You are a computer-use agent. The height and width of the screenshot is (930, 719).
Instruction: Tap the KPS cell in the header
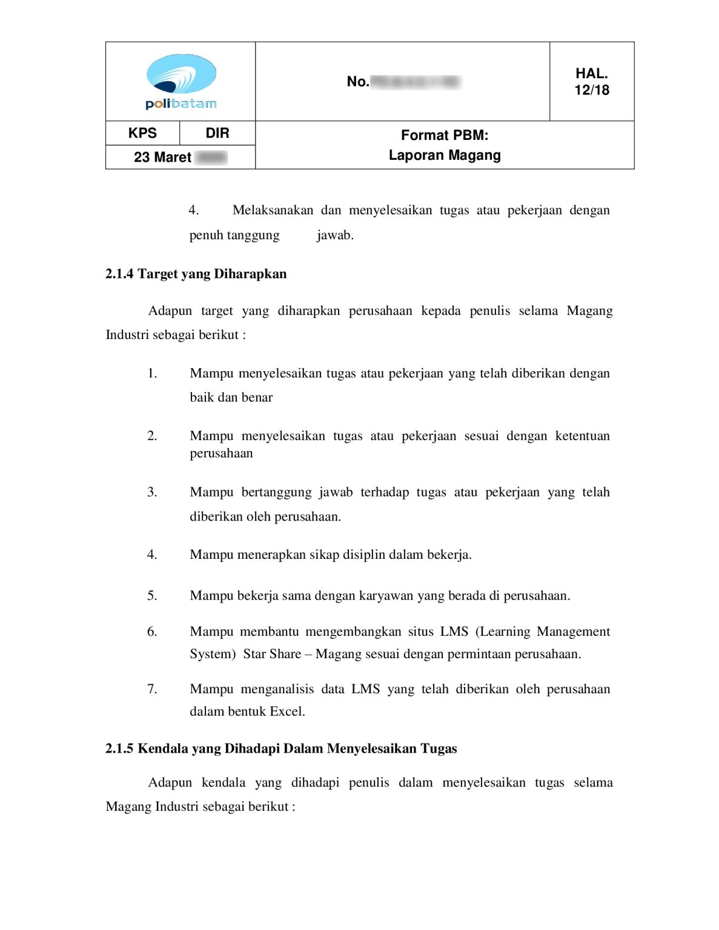[x=142, y=133]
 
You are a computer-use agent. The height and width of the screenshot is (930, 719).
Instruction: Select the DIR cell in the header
[x=217, y=133]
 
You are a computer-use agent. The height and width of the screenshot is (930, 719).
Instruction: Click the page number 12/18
[x=592, y=90]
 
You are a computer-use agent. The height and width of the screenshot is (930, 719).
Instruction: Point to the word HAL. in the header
[x=592, y=73]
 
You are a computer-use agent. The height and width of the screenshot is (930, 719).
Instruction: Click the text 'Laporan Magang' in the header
[x=445, y=156]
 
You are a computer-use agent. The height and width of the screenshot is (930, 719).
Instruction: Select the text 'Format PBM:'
[x=445, y=135]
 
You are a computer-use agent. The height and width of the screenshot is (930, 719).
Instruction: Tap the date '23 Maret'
[x=162, y=157]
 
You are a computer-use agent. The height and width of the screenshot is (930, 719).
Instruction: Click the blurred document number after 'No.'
[x=416, y=82]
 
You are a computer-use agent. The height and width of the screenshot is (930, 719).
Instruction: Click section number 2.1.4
[x=119, y=274]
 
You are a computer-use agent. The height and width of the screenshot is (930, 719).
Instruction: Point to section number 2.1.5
[x=119, y=748]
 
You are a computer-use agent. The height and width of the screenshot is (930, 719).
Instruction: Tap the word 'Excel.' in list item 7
[x=287, y=711]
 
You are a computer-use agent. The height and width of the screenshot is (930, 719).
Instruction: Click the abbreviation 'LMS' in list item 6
[x=454, y=632]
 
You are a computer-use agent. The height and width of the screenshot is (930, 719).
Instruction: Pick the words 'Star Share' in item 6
[x=272, y=654]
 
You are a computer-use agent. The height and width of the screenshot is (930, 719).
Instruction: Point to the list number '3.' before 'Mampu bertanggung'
[x=152, y=492]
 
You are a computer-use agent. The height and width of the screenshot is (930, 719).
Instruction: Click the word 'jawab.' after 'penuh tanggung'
[x=335, y=235]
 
